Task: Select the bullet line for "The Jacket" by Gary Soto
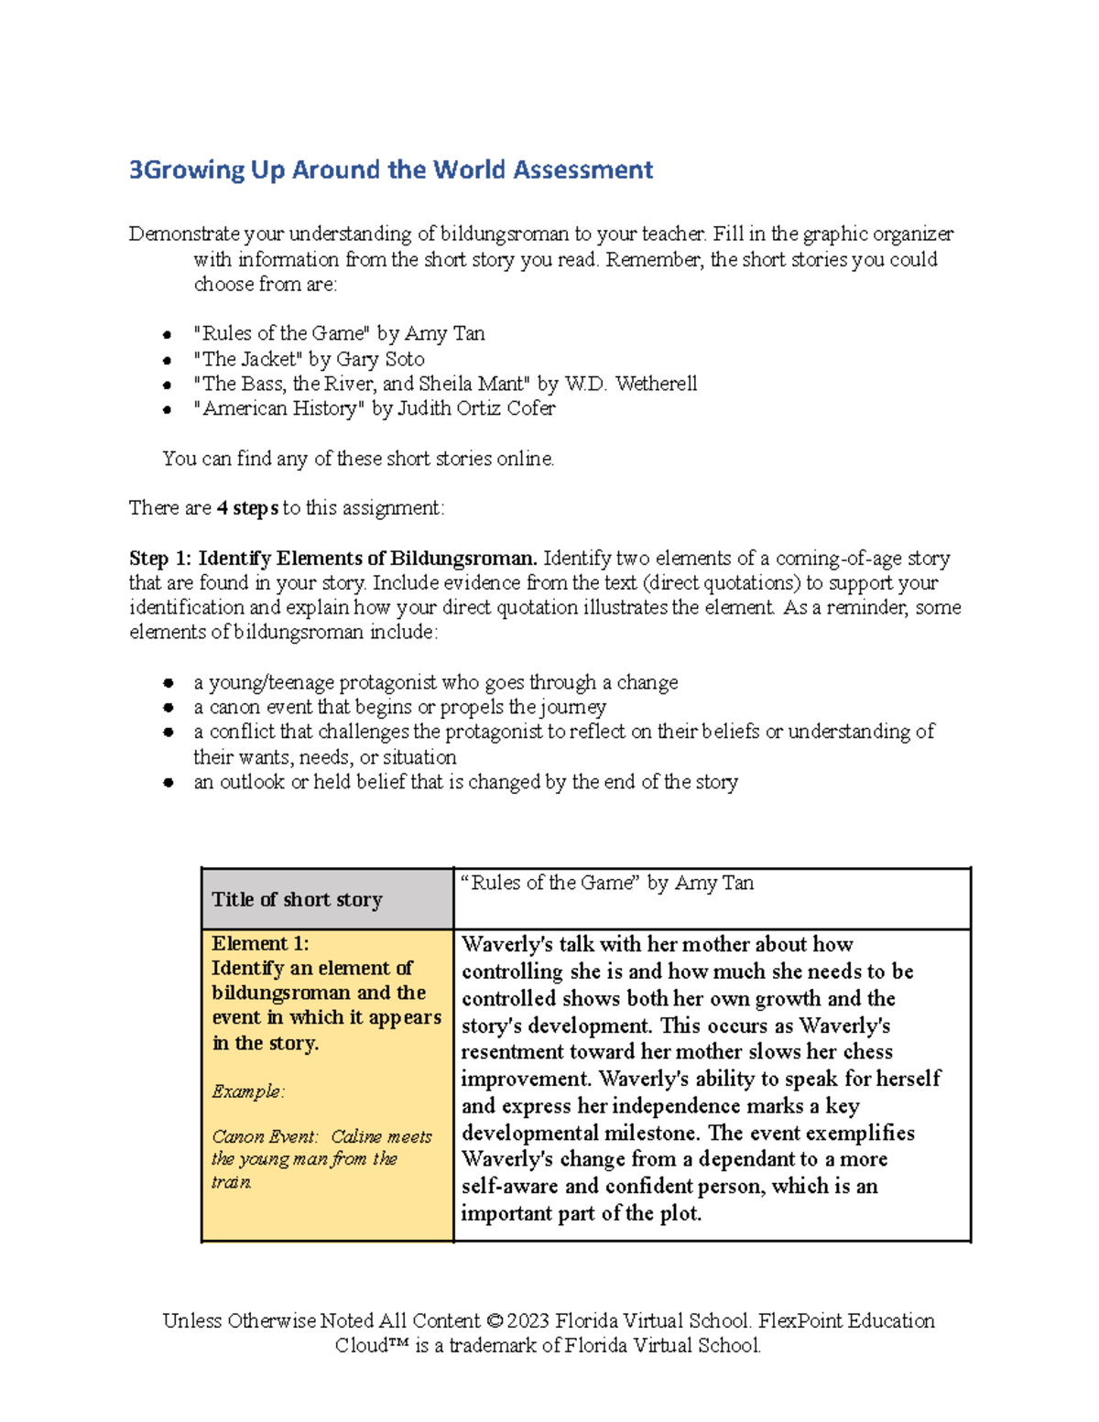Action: click(x=309, y=359)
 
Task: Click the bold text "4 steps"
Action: click(x=247, y=508)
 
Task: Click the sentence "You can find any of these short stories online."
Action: click(x=358, y=459)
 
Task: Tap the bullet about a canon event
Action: click(x=399, y=707)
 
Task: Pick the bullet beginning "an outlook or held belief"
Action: click(x=465, y=782)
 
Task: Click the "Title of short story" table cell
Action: click(x=297, y=899)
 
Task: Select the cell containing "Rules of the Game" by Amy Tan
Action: click(x=608, y=884)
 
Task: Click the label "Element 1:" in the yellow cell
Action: click(x=260, y=944)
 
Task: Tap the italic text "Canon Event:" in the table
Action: click(x=265, y=1136)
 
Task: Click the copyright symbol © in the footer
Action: click(x=495, y=1321)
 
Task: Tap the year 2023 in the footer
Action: click(x=528, y=1321)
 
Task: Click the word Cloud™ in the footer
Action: click(x=371, y=1346)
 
